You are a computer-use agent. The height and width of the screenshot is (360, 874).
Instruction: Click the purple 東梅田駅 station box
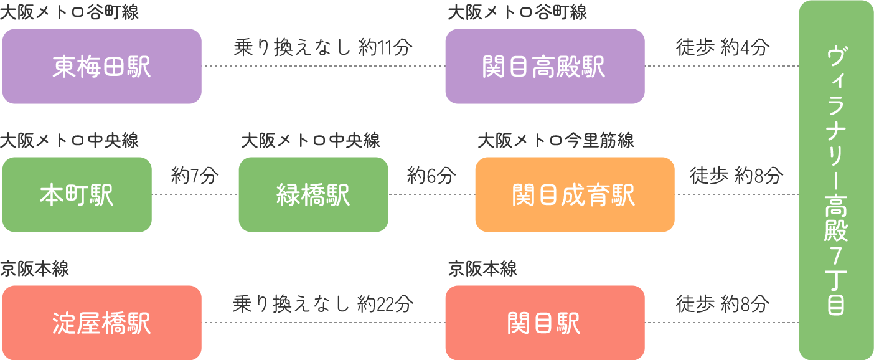(101, 66)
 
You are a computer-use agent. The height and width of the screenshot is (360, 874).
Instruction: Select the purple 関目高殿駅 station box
(545, 66)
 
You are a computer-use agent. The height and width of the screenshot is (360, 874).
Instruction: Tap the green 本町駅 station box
(77, 194)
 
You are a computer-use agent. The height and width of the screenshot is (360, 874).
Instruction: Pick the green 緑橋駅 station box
(313, 194)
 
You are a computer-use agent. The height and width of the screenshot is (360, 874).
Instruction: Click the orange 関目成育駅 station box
(575, 194)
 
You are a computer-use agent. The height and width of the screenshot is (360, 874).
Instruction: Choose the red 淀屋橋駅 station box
(101, 323)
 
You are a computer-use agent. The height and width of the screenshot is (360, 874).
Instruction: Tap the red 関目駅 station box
(545, 323)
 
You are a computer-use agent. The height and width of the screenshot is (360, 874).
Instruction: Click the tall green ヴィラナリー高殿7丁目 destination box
(836, 180)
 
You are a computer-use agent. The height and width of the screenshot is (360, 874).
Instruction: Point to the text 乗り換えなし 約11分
(323, 47)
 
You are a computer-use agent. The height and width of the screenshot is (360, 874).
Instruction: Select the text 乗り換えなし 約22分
(323, 304)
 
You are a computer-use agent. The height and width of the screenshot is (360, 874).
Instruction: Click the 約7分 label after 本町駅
(195, 176)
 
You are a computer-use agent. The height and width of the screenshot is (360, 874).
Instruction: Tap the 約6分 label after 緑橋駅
(431, 176)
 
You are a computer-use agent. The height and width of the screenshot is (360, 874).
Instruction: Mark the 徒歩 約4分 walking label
(723, 47)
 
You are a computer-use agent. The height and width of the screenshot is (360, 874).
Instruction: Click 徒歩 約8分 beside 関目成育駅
(736, 176)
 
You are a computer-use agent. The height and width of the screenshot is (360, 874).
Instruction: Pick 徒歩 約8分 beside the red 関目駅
(723, 304)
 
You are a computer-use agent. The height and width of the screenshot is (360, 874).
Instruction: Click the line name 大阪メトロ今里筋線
(555, 141)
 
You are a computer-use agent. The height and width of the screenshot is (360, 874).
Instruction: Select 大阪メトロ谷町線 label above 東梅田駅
(69, 12)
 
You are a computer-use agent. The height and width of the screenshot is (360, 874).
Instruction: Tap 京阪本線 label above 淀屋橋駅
(35, 269)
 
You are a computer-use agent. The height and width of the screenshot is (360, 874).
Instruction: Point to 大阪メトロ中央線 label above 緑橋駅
(311, 141)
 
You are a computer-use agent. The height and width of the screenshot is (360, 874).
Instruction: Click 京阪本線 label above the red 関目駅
(482, 269)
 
